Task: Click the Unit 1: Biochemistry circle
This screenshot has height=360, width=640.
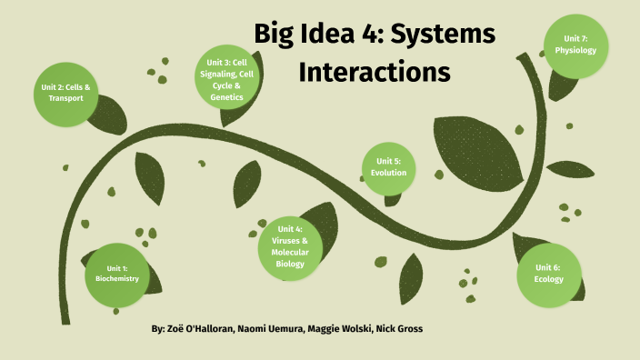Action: click(116, 274)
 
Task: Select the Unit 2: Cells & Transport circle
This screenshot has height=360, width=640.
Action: click(66, 93)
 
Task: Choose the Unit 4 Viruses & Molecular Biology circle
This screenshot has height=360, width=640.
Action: click(289, 246)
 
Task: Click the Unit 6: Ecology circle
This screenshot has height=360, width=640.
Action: click(549, 273)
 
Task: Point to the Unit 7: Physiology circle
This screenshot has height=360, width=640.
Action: click(575, 45)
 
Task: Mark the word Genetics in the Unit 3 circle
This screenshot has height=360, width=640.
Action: click(225, 96)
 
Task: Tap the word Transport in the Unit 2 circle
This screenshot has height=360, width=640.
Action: click(66, 98)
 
